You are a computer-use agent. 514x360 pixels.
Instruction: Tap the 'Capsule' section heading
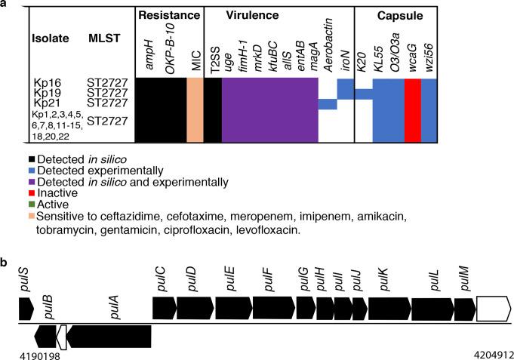[x=396, y=14]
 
